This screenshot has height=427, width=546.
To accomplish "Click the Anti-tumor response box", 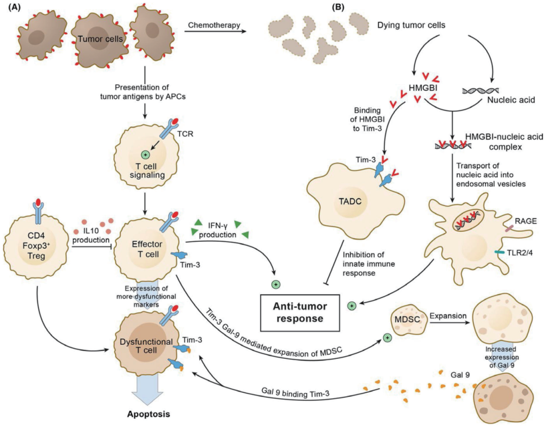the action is (x=300, y=312).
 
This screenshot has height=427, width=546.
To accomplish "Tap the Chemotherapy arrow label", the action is (x=214, y=25).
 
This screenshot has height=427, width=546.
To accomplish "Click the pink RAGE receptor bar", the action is (x=509, y=228).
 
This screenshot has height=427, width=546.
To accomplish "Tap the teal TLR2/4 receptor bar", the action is (x=501, y=252).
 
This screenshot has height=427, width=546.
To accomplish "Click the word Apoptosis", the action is (x=149, y=414).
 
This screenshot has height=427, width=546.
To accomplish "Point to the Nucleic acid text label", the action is (x=511, y=100).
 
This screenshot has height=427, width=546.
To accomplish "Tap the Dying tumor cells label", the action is (x=412, y=25).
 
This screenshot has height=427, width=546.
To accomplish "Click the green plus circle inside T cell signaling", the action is (x=145, y=154).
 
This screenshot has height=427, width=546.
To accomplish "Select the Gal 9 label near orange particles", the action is (x=460, y=375).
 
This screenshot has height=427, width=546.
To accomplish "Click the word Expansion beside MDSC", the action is (x=448, y=316).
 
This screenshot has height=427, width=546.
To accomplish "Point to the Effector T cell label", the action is (x=147, y=249).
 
